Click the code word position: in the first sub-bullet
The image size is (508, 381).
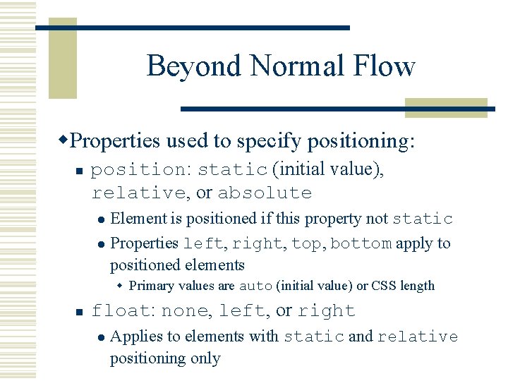[141, 170]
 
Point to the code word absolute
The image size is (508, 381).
[265, 193]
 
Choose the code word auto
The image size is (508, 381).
[256, 286]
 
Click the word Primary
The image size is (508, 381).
[152, 286]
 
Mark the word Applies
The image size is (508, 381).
[134, 337]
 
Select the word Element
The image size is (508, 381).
[139, 219]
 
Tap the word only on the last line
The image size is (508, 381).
[205, 358]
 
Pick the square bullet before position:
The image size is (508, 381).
[80, 171]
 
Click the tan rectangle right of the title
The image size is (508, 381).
[446, 107]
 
